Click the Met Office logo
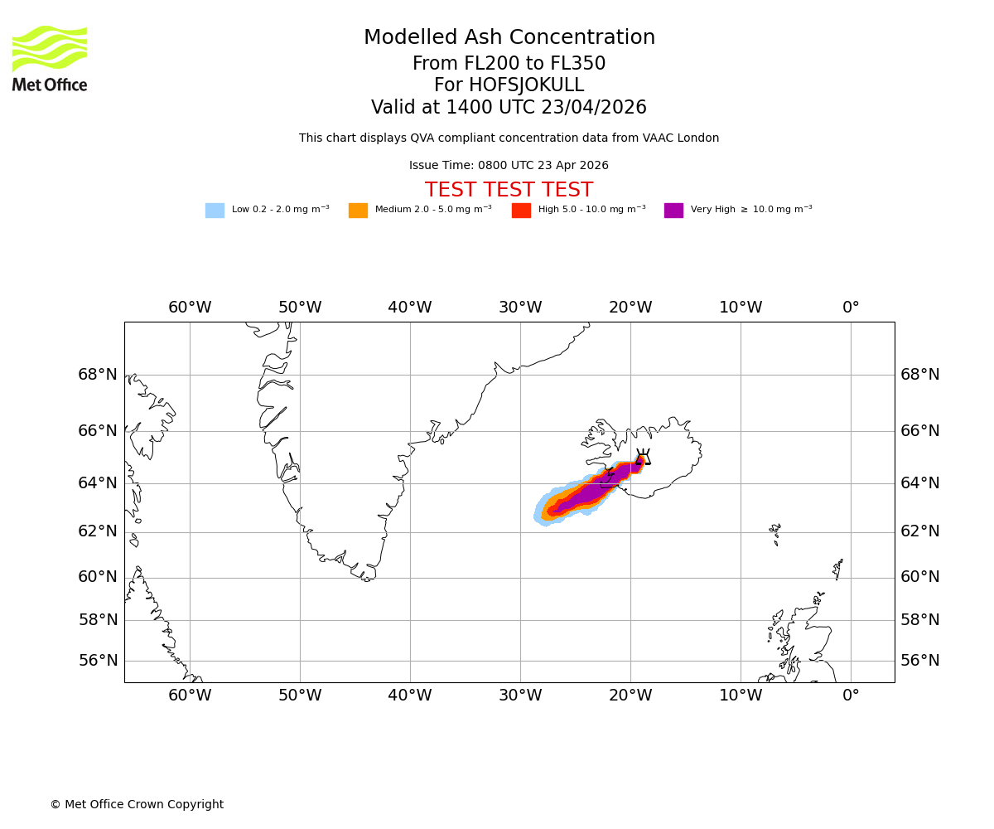(50, 58)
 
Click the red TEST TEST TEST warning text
(509, 191)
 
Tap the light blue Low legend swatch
(215, 211)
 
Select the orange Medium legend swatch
(358, 211)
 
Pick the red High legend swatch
(521, 211)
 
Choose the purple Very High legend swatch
(673, 211)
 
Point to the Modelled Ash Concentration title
(509, 38)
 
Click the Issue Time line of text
(509, 166)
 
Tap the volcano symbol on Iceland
(643, 457)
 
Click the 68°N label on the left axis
(98, 375)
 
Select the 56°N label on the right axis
(920, 661)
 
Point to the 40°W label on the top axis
(409, 308)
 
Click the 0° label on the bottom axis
(851, 696)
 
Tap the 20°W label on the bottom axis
(630, 696)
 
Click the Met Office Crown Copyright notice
(137, 804)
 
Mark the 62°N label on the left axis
(98, 531)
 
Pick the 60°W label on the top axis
(190, 308)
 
